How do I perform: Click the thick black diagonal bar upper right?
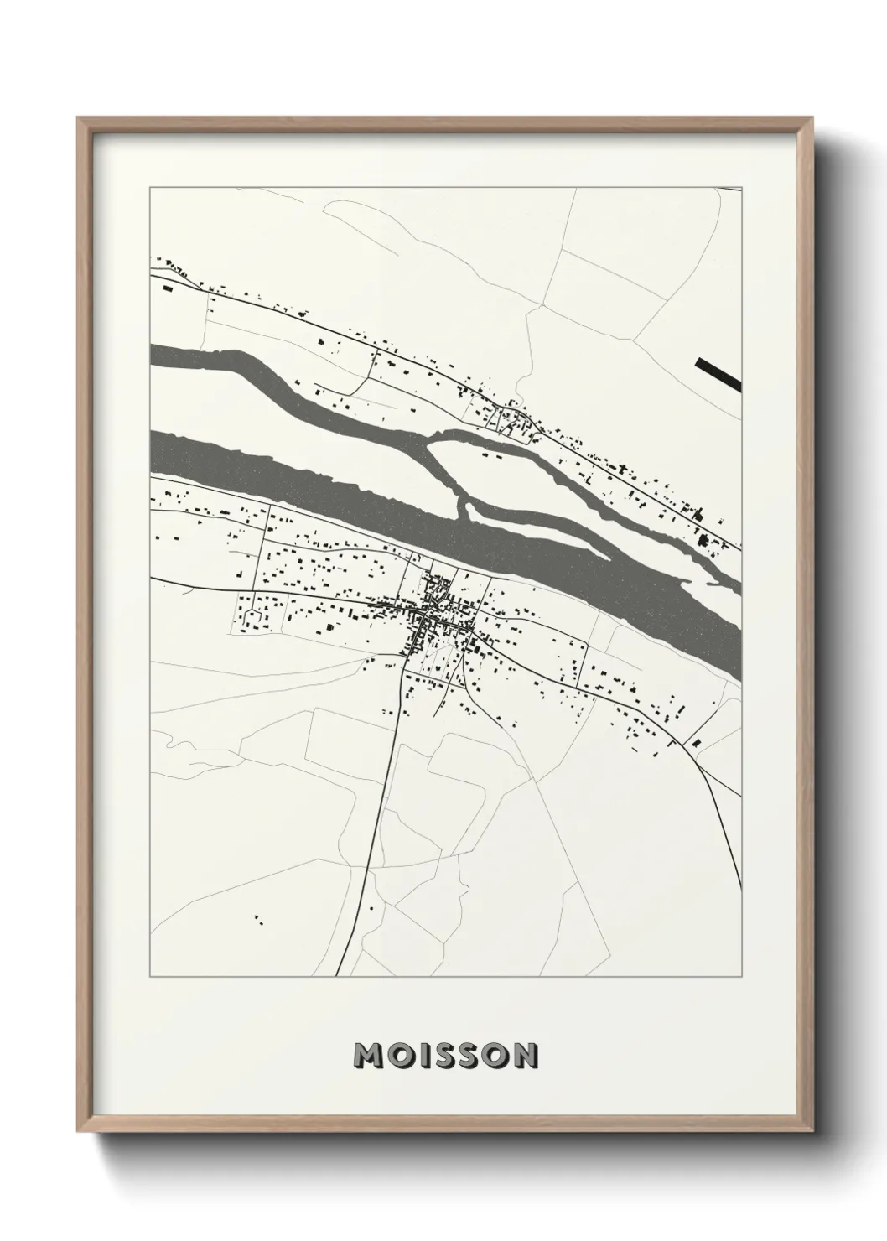[x=718, y=374]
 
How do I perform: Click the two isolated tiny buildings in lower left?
[x=257, y=919]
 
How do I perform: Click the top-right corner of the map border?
[x=741, y=188]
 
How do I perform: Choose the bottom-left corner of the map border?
[x=150, y=977]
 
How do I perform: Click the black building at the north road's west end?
[x=166, y=288]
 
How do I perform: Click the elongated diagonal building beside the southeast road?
[x=697, y=741]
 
